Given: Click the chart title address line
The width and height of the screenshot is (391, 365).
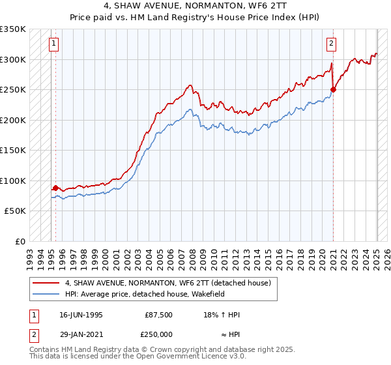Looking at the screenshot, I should point(195,7).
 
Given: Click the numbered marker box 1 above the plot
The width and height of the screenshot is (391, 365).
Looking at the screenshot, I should point(53,44).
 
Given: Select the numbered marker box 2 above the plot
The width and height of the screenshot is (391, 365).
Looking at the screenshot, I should point(332,44).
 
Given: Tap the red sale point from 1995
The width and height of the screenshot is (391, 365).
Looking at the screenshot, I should point(56,188).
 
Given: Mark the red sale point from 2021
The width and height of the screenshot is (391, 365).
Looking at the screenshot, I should point(333,89).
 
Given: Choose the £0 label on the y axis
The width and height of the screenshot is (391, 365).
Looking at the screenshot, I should point(20,241).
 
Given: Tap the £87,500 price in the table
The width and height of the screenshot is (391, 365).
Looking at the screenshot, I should point(159,315).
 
